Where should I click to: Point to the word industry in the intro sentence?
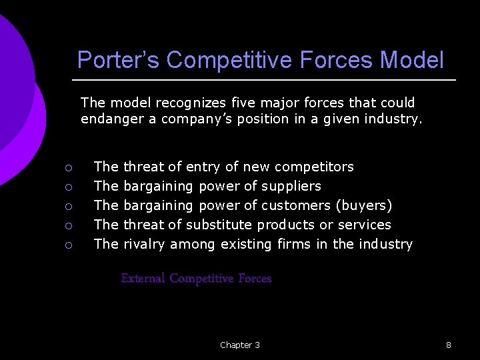pyautogui.click(x=391, y=119)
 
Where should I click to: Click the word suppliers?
pyautogui.click(x=291, y=185)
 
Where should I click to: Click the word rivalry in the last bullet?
pyautogui.click(x=145, y=244)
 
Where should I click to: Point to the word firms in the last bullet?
pyautogui.click(x=293, y=244)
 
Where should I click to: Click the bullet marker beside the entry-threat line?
pyautogui.click(x=68, y=167)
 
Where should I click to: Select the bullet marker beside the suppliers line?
pyautogui.click(x=68, y=187)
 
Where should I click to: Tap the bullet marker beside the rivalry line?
pyautogui.click(x=68, y=245)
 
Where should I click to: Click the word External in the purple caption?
pyautogui.click(x=143, y=279)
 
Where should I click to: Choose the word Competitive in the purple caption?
pyautogui.click(x=201, y=279)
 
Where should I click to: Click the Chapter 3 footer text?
pyautogui.click(x=240, y=345)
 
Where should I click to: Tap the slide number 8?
pyautogui.click(x=449, y=345)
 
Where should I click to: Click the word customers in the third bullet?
pyautogui.click(x=296, y=205)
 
